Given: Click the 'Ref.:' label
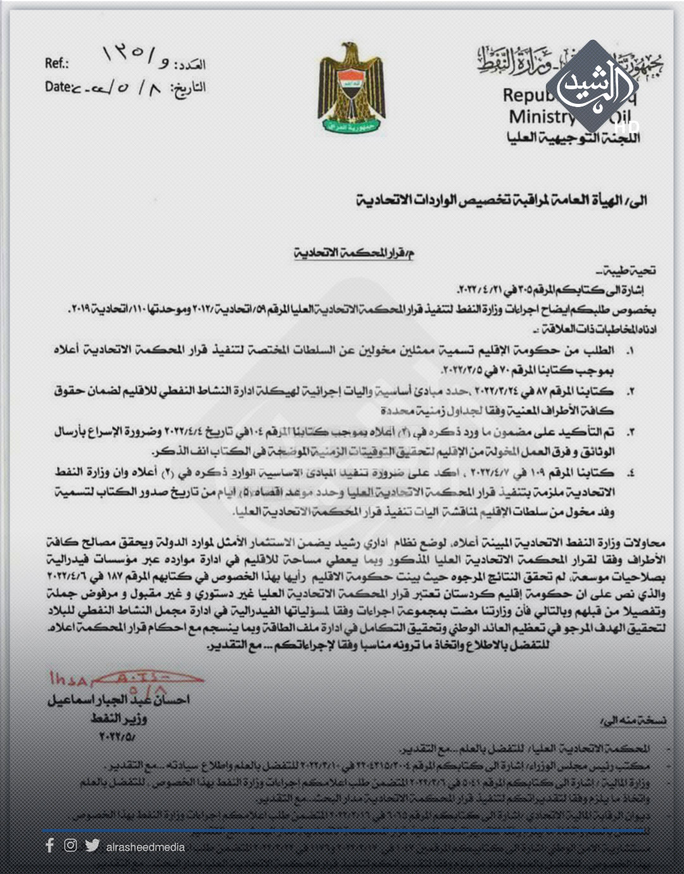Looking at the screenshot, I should tap(57, 63).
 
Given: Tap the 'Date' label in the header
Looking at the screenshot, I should tap(58, 87).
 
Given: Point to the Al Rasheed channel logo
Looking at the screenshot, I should tap(592, 89).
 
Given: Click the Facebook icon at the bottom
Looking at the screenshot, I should tap(49, 845).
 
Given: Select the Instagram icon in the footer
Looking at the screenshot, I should tap(70, 845).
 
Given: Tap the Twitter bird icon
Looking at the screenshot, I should tap(92, 845).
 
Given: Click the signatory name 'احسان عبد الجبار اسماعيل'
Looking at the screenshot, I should tap(118, 700).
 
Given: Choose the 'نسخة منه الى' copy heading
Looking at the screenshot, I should tap(633, 721).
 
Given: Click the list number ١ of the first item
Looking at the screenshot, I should tap(630, 350).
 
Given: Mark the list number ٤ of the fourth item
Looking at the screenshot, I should tap(630, 473).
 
